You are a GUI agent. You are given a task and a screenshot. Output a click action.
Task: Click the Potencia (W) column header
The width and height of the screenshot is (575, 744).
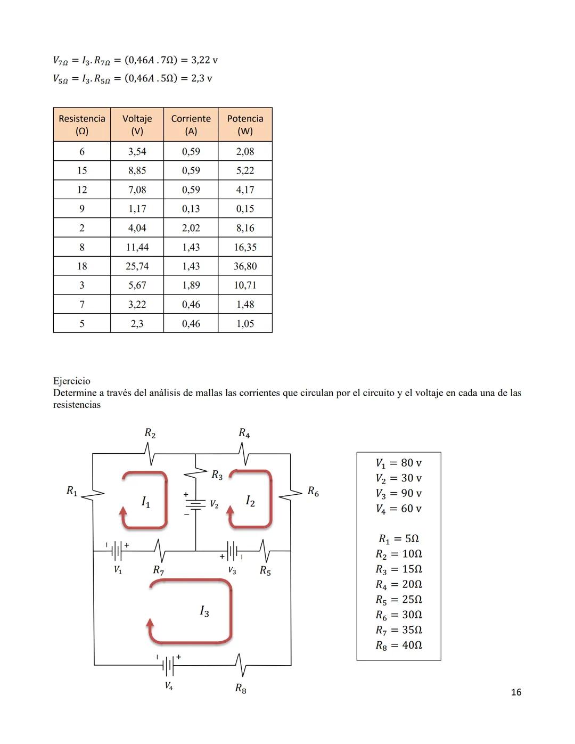coord(245,125)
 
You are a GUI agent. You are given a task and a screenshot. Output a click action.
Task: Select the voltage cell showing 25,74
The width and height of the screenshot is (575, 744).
coord(137,266)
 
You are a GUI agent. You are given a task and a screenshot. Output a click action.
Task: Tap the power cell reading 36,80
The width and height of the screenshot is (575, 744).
coord(245,266)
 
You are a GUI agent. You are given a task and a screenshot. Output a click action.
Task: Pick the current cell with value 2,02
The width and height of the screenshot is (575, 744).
coord(191,228)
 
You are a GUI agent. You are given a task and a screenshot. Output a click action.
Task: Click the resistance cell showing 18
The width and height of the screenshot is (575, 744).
coord(82,266)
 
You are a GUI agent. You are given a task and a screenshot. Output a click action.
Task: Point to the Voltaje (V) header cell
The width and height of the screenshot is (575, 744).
coord(137,125)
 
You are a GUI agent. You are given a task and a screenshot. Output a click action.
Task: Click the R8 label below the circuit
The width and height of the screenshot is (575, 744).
coord(241,689)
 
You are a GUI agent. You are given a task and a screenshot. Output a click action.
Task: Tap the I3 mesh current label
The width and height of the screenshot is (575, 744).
coord(204,611)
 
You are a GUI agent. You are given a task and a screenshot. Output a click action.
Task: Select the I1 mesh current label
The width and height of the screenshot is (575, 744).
coord(145,502)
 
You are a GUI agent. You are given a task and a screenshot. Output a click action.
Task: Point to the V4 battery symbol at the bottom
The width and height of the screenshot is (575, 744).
coord(168,665)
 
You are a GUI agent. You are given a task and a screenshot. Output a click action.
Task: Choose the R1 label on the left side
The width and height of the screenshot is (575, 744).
coord(72,490)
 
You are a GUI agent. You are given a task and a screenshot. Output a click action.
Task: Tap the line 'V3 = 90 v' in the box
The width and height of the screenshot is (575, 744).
coord(398,493)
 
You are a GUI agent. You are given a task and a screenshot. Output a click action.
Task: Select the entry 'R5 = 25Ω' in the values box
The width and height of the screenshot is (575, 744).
coord(398,600)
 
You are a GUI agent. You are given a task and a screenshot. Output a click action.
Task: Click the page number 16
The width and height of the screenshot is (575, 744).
coord(516,692)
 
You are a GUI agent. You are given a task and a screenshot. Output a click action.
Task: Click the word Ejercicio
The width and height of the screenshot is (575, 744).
coord(72,381)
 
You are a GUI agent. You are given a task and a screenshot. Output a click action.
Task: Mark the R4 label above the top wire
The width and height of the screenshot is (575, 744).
coord(244,433)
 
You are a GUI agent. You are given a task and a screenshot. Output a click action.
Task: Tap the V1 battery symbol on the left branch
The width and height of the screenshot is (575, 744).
coord(118,551)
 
